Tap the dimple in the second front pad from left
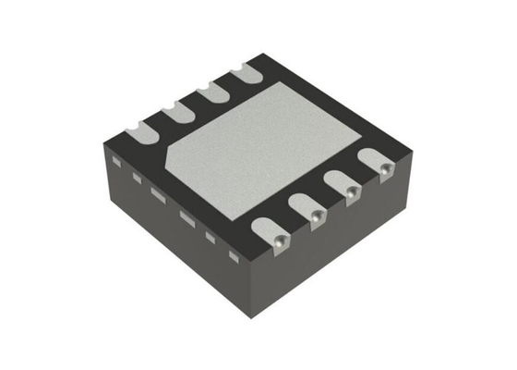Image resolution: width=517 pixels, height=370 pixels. pyautogui.click(x=316, y=216)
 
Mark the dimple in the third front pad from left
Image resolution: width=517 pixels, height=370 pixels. pyautogui.click(x=352, y=192)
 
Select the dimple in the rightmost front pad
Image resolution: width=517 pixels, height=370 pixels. pyautogui.click(x=385, y=168)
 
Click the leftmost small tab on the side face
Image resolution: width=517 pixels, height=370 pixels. pyautogui.click(x=117, y=161)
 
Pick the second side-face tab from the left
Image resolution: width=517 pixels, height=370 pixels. pyautogui.click(x=136, y=176)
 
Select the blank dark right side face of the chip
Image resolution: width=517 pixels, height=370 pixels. pyautogui.click(x=342, y=250)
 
